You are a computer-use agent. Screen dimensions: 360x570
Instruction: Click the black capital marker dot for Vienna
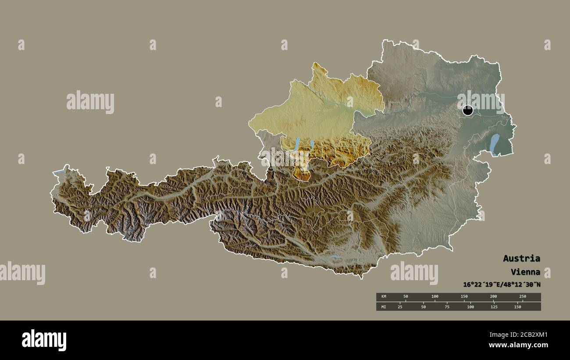[468, 110]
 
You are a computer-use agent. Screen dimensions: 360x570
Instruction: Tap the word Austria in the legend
[521, 258]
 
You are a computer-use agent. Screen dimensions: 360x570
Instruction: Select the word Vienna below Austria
[525, 272]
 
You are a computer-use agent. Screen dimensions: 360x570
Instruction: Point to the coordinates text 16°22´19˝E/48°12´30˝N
[502, 285]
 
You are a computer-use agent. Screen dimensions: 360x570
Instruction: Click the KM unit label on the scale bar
[384, 297]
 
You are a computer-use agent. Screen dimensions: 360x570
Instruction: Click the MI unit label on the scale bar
[384, 307]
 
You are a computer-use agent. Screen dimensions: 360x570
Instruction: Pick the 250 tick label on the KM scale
[522, 297]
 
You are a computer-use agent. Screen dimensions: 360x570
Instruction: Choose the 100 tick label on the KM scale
[435, 297]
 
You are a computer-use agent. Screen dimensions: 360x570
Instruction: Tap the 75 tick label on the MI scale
[447, 307]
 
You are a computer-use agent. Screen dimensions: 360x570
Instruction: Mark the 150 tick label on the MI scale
[517, 307]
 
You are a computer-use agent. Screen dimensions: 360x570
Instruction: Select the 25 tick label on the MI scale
[400, 307]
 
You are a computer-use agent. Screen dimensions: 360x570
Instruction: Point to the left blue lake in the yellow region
[297, 143]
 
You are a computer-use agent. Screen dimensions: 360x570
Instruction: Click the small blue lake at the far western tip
[59, 172]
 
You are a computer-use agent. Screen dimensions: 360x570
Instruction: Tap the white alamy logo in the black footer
[44, 340]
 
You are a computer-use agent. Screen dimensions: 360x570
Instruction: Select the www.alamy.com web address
[518, 346]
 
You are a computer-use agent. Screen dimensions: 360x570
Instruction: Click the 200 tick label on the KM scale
[493, 297]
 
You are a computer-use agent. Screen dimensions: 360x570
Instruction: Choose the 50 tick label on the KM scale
[406, 297]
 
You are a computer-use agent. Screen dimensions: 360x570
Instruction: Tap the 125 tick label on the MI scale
[494, 307]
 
